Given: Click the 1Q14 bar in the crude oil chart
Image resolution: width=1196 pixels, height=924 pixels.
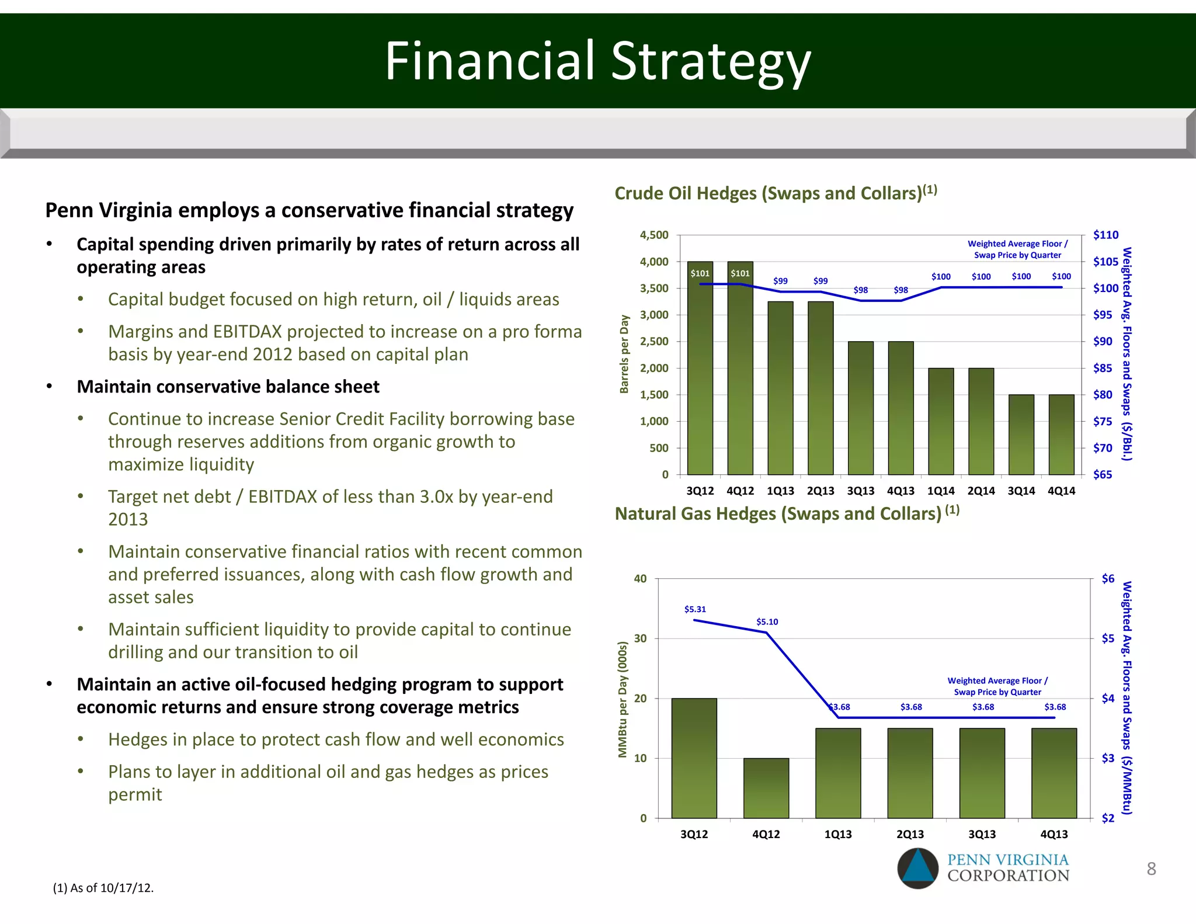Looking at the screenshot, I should tap(941, 421).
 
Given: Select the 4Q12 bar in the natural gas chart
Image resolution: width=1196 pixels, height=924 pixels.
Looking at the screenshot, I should tap(766, 788).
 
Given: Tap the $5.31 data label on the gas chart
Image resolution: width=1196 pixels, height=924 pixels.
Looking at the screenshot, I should tap(695, 609).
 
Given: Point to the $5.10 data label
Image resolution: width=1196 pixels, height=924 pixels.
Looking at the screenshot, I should tap(767, 622).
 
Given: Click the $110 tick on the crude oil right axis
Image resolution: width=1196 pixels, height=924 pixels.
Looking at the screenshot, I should tap(1105, 235).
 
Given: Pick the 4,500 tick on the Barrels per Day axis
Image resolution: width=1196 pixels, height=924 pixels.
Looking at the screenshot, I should tap(654, 235).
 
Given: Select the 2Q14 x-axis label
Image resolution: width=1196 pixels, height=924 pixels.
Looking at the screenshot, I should tap(981, 491).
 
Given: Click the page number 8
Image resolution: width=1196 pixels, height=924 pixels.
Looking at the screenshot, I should tap(1151, 869).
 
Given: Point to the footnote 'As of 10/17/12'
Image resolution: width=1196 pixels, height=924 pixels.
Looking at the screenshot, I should tap(103, 888).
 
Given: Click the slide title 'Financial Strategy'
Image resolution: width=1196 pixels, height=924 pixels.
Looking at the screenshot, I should tap(597, 61).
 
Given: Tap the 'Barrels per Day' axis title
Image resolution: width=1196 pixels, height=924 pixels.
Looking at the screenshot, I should tap(624, 354).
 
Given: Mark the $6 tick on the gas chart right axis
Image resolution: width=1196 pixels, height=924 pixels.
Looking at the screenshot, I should tap(1108, 579).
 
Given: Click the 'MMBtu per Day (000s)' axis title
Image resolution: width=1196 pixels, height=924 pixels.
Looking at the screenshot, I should tap(623, 699).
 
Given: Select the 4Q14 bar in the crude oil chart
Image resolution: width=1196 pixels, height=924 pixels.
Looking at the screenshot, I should tap(1061, 435).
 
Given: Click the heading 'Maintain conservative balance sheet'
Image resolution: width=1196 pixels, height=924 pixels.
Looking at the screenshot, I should tap(228, 387).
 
